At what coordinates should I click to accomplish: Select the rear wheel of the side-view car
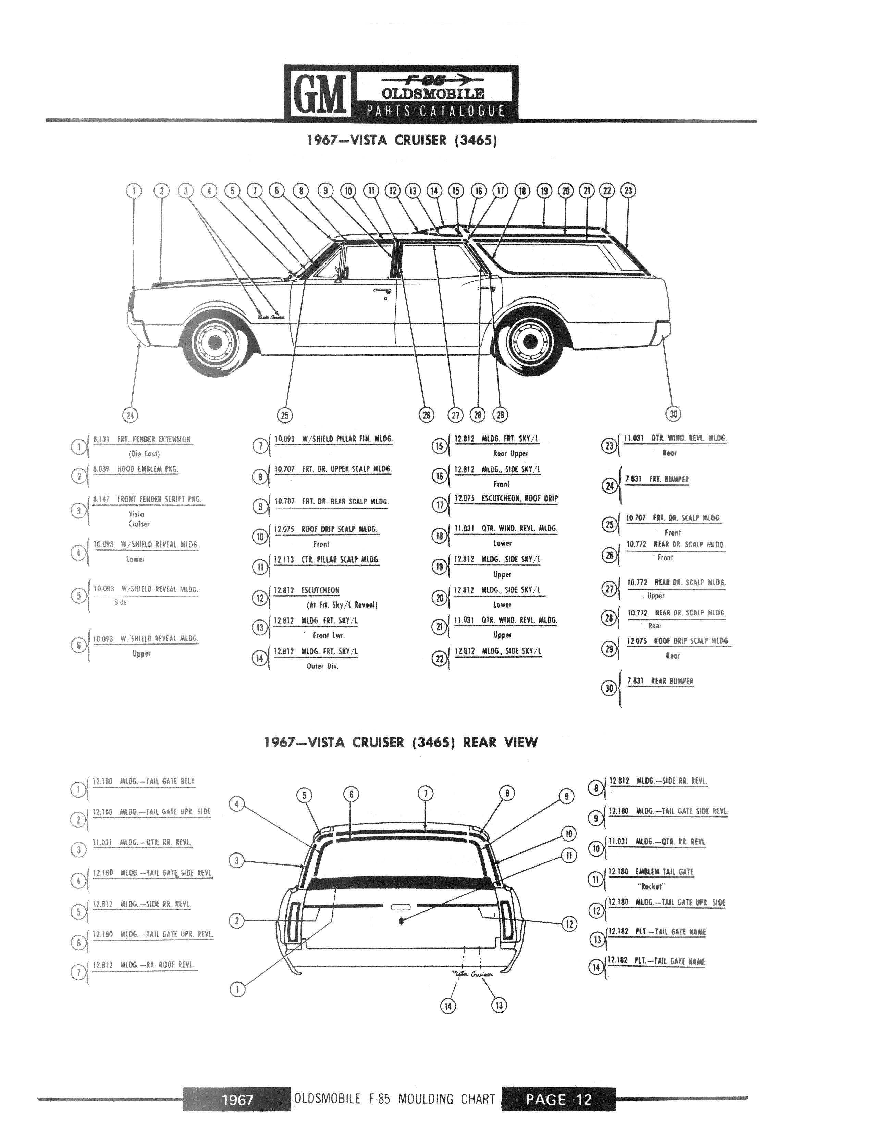(529, 340)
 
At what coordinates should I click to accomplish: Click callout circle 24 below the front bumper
(130, 415)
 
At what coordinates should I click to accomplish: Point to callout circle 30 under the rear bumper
(674, 414)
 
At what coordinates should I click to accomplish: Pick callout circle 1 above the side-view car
(134, 191)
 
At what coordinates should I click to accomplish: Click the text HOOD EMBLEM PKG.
(148, 469)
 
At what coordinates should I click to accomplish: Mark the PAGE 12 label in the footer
(558, 1100)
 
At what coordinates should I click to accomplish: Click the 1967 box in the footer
(237, 1100)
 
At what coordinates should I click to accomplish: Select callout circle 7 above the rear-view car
(426, 794)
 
